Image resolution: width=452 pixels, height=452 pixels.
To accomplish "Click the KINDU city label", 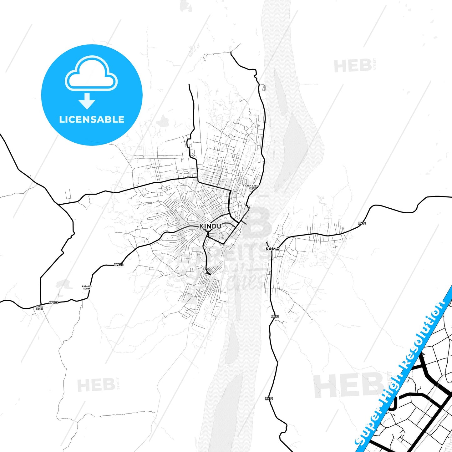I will click(x=210, y=226).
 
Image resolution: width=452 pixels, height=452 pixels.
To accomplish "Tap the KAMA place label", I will click(x=272, y=249).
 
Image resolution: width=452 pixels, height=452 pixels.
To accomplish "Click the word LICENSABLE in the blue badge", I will click(x=92, y=119).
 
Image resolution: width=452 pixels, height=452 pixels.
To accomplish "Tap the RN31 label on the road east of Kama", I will click(x=362, y=223).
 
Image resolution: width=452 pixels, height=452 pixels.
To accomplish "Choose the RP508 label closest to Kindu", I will click(x=119, y=265).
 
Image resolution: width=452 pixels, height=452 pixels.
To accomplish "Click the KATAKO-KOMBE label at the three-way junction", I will click(x=39, y=308).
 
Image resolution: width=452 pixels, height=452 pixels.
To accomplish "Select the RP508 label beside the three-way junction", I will click(x=53, y=302).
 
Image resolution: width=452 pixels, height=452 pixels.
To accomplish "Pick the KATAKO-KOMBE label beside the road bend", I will click(x=86, y=287).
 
